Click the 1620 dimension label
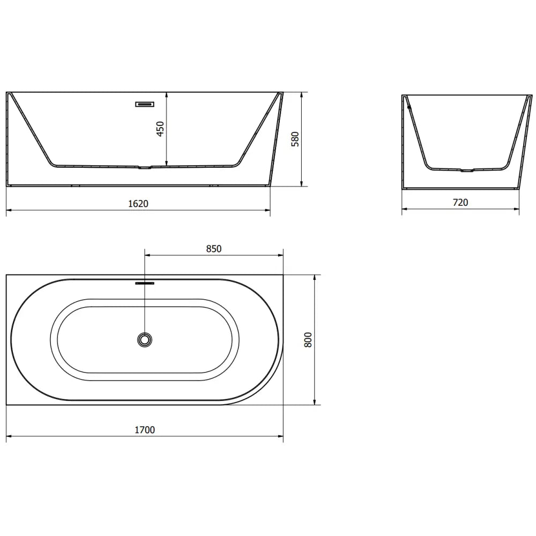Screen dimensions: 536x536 138,204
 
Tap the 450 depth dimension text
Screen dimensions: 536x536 160,129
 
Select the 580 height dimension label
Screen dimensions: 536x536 295,139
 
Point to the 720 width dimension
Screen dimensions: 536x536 460,203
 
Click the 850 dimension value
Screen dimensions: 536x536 214,249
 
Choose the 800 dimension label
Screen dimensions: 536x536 308,340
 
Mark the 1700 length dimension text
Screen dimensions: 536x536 145,430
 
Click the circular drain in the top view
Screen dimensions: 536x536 145,340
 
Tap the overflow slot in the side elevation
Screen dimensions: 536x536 145,105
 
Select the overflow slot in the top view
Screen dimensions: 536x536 145,283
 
